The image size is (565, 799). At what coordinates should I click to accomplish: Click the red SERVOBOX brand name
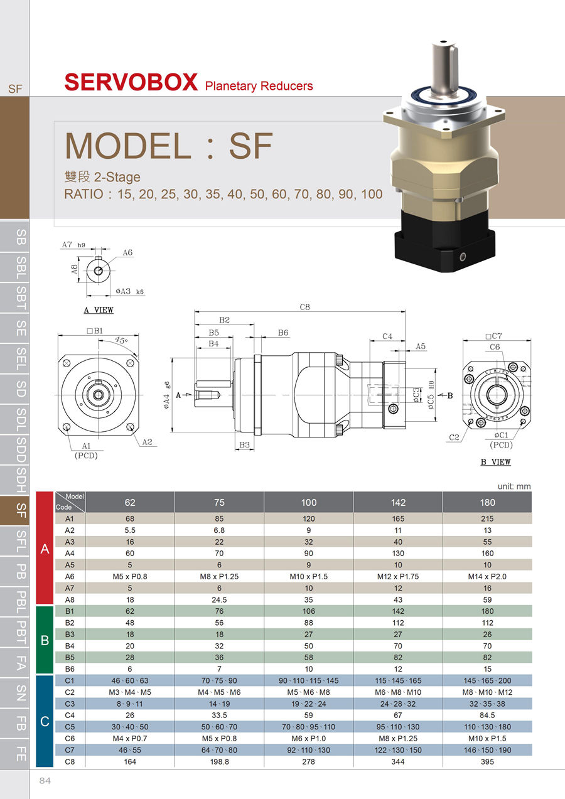coord(131,82)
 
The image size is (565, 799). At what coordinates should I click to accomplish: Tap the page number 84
coord(45,781)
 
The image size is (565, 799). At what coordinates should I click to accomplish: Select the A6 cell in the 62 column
coord(130,576)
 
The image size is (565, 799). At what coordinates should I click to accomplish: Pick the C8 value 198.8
coord(219,762)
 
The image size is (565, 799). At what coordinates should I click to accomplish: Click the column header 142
coord(398,502)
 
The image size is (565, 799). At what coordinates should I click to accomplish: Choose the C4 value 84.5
coord(487,716)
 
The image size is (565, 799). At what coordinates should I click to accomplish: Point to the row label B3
coord(69,635)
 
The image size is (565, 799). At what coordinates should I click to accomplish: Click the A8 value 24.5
coord(219,599)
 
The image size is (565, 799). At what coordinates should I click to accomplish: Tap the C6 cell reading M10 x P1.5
coord(487,739)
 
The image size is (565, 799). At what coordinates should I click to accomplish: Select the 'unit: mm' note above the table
coord(514,486)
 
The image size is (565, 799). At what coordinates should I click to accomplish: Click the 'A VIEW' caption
coord(99,310)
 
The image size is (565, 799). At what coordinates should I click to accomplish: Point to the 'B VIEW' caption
coord(495,463)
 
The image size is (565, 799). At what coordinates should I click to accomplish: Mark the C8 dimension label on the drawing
coord(305,307)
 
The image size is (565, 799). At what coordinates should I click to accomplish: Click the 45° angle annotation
coord(121,341)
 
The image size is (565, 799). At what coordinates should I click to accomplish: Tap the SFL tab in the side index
coord(21,540)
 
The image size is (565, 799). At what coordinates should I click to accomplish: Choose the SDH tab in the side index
coord(21,480)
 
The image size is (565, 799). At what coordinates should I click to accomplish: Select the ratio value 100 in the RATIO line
coord(372,195)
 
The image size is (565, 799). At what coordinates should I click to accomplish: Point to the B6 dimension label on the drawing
coord(283,333)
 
